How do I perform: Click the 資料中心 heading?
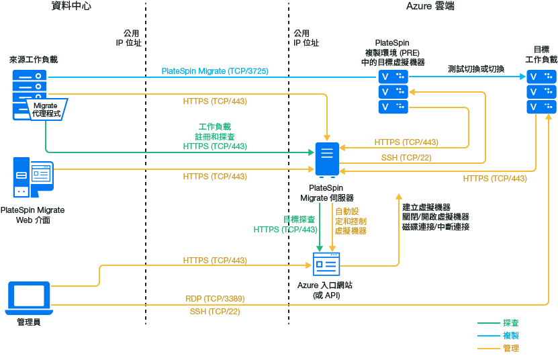(x=71, y=7)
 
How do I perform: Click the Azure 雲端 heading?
(x=430, y=7)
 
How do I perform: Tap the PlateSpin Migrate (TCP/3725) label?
(x=215, y=71)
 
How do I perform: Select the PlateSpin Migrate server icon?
(x=327, y=160)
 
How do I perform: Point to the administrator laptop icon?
(x=28, y=298)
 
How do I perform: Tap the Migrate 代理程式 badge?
(x=46, y=109)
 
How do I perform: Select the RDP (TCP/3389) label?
(x=215, y=298)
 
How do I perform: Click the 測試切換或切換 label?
(x=476, y=69)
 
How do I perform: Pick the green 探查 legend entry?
(x=510, y=323)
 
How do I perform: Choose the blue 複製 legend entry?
(x=510, y=335)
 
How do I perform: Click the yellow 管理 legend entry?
(x=510, y=348)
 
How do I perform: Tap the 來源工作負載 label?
(x=34, y=59)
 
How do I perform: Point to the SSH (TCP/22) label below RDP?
(x=215, y=312)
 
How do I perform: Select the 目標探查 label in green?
(x=299, y=220)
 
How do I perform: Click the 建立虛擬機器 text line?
(x=426, y=207)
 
